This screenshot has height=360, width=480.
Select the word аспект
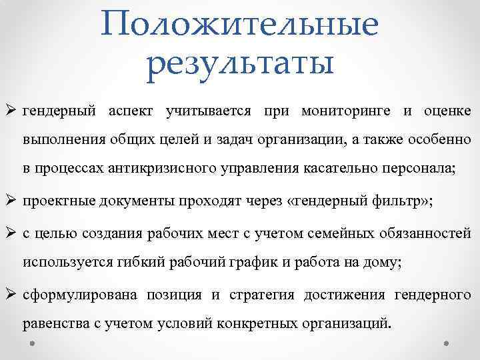click(131, 111)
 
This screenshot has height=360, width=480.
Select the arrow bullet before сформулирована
click(12, 294)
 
